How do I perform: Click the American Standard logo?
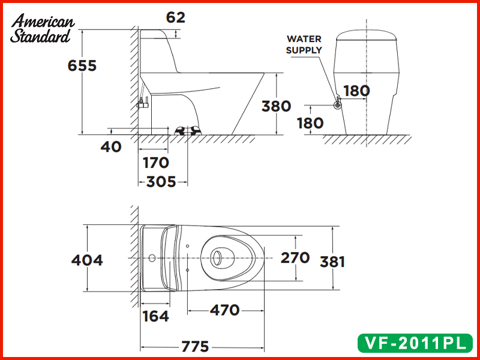(42, 28)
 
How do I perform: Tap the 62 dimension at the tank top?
(176, 17)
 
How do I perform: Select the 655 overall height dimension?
(82, 65)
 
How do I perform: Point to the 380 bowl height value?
(276, 106)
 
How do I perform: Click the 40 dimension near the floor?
(111, 147)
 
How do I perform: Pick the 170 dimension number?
(156, 163)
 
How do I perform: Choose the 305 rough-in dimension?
(161, 182)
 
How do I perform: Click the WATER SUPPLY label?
(304, 44)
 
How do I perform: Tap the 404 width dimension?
(87, 260)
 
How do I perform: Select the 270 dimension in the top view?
(295, 258)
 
